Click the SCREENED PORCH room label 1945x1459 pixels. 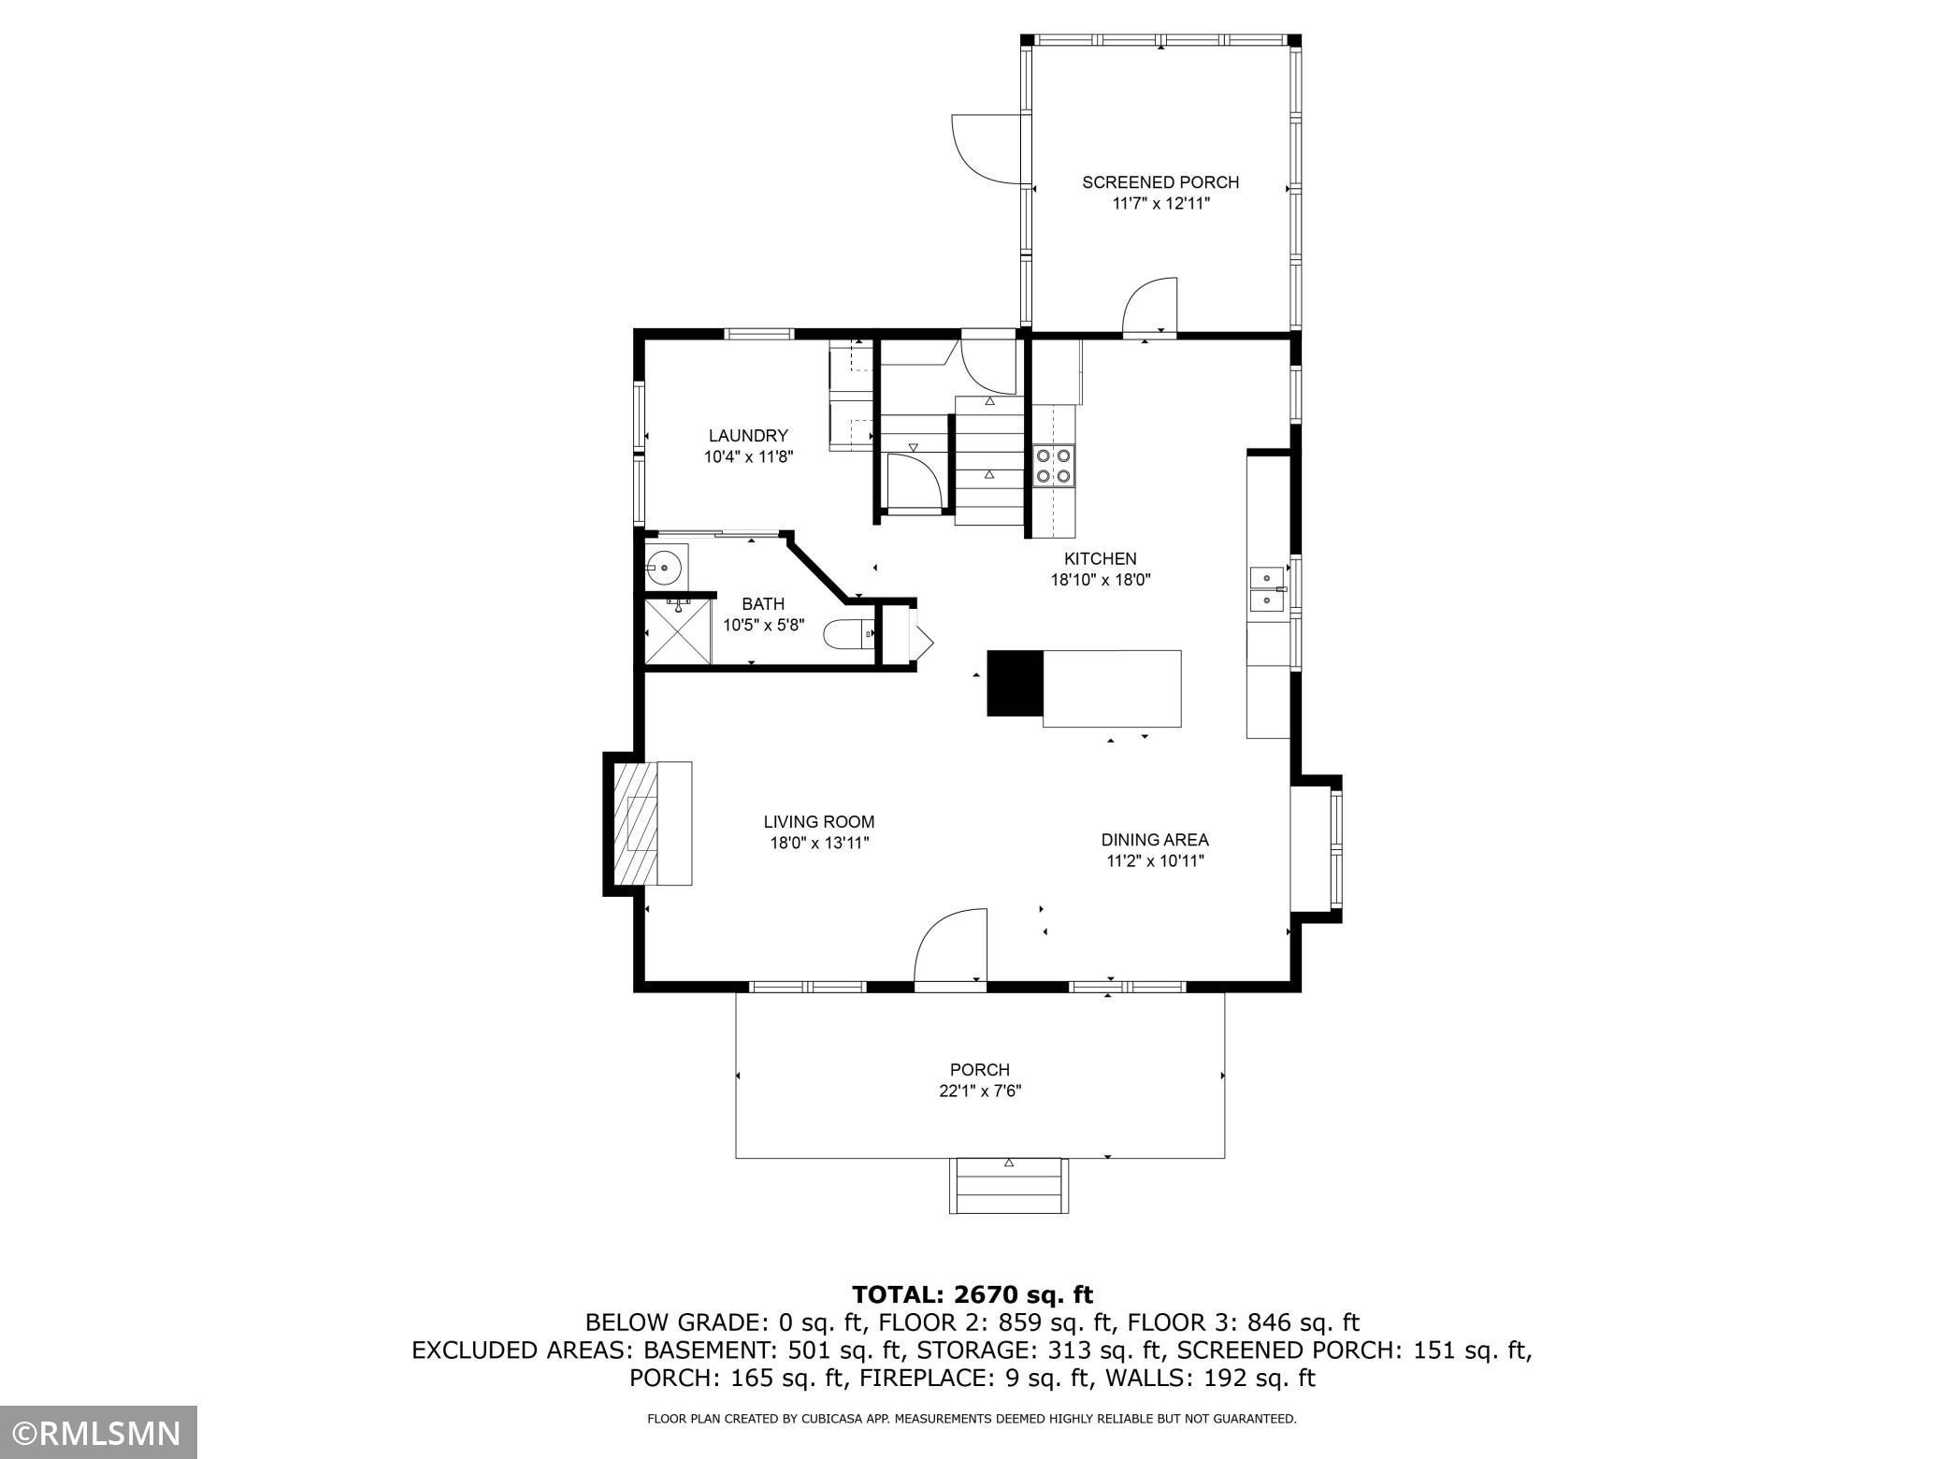tap(1160, 182)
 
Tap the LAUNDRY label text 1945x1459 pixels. tap(748, 436)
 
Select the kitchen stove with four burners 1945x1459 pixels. tap(1055, 466)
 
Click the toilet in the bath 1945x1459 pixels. tap(849, 634)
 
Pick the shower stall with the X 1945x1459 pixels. tap(678, 633)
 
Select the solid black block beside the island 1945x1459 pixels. tap(1015, 683)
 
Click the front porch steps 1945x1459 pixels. tap(1009, 1186)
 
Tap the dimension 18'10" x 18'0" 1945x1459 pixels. tap(1101, 580)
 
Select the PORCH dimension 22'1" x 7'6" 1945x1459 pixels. tap(980, 1091)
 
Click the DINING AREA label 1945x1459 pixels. tap(1155, 840)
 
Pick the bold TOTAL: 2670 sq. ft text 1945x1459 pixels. tap(972, 1294)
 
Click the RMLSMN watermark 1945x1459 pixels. tap(98, 1432)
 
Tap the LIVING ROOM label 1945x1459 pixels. tap(819, 822)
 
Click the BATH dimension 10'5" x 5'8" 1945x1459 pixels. tap(764, 625)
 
